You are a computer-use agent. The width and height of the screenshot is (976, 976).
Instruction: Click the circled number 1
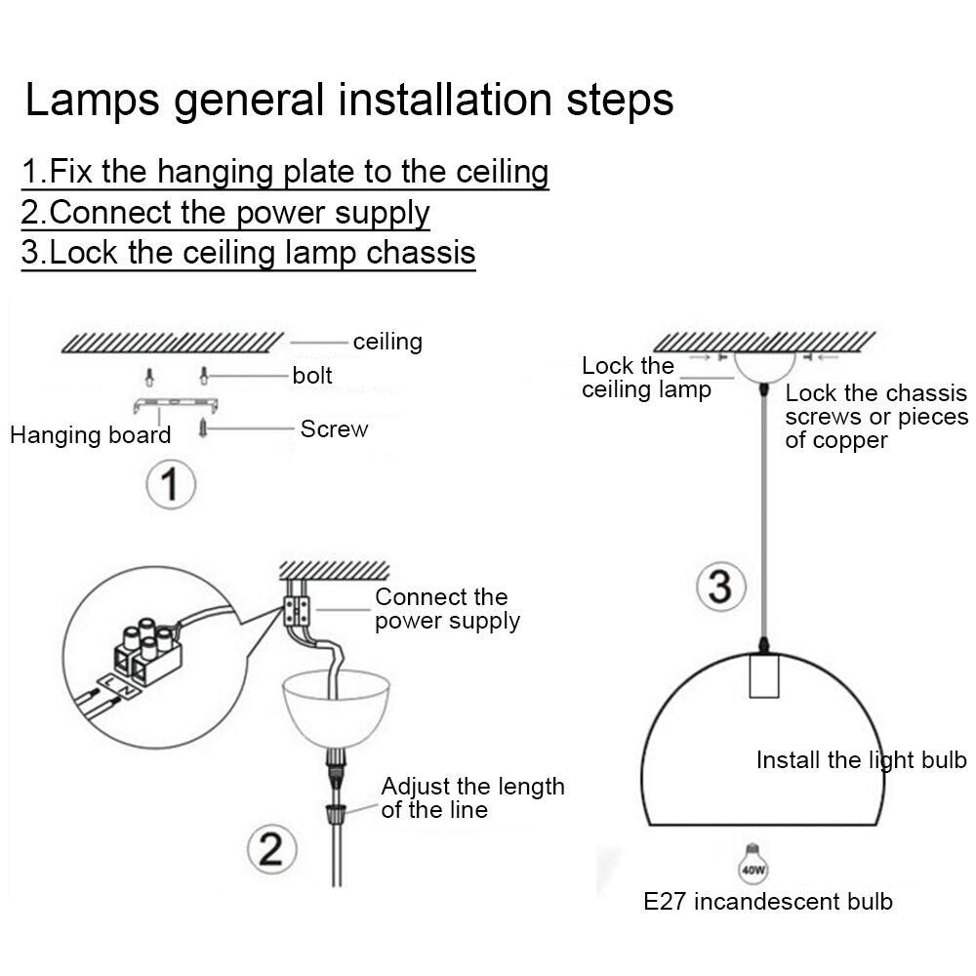[172, 483]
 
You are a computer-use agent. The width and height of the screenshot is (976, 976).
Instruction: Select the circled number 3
[719, 587]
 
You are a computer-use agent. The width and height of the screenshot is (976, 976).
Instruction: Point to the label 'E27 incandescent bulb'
[768, 901]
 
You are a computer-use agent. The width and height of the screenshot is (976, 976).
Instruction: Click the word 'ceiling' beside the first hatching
[387, 342]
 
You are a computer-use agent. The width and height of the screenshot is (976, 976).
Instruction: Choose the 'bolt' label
[312, 376]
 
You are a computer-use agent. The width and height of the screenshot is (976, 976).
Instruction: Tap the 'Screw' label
[334, 429]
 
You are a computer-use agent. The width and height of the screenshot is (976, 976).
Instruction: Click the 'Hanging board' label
[90, 435]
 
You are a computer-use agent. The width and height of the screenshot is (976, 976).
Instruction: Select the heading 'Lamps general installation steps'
[348, 101]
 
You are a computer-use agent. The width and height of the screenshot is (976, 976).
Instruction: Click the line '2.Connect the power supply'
[225, 212]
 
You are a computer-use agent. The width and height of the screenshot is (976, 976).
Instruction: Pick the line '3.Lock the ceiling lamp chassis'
[248, 252]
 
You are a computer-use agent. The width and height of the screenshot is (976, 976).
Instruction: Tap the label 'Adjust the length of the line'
[472, 797]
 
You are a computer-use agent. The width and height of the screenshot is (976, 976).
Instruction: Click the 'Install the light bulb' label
[861, 760]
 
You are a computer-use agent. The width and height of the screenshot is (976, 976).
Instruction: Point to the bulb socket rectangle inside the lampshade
[766, 674]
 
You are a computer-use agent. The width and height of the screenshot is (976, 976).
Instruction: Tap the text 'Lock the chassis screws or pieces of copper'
[876, 417]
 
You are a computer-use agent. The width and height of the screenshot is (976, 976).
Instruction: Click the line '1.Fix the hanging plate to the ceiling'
[285, 172]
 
